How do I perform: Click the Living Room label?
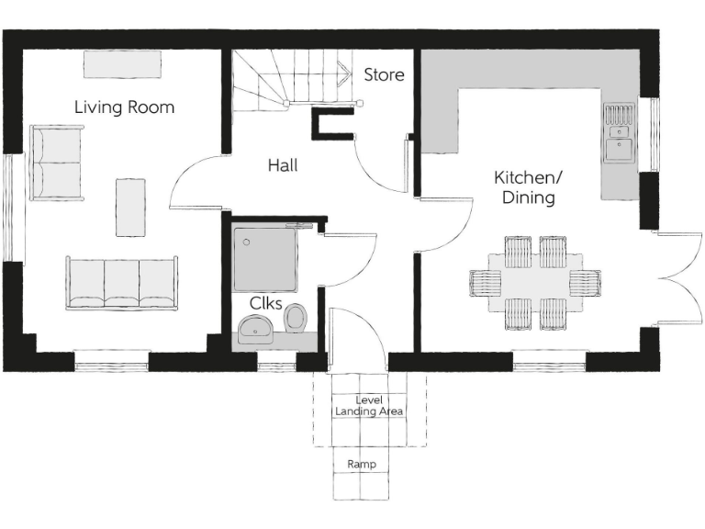click(124, 107)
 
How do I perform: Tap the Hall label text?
click(283, 166)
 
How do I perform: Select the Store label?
click(384, 75)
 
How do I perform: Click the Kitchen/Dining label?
click(524, 186)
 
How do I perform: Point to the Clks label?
click(265, 303)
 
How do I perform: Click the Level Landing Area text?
click(368, 406)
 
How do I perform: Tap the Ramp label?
click(361, 465)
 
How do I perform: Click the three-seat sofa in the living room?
click(121, 283)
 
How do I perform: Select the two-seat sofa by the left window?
click(57, 163)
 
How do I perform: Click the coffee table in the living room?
click(130, 207)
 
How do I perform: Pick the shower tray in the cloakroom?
click(265, 258)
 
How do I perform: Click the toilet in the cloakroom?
click(296, 319)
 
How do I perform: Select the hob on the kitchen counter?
click(619, 116)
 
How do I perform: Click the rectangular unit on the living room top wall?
click(122, 64)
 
